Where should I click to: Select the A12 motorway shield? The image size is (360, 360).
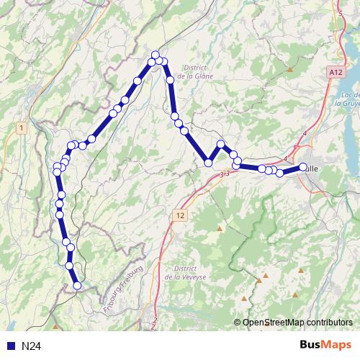pyautogui.click(x=333, y=73)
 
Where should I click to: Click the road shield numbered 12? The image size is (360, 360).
pyautogui.click(x=179, y=215)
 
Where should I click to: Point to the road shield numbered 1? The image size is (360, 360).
pyautogui.click(x=22, y=127)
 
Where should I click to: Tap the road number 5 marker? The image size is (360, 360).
pyautogui.click(x=340, y=13)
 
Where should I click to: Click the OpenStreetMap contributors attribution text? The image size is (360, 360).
pyautogui.click(x=297, y=322)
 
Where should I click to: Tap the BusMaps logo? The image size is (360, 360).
pyautogui.click(x=326, y=346)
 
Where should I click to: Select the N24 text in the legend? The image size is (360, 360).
pyautogui.click(x=31, y=346)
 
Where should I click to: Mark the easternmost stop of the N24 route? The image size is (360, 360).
pyautogui.click(x=303, y=167)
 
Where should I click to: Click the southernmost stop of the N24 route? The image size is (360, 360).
pyautogui.click(x=78, y=286)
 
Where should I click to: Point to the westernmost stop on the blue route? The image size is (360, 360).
pyautogui.click(x=57, y=171)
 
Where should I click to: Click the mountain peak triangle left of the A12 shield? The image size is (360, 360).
pyautogui.click(x=290, y=70)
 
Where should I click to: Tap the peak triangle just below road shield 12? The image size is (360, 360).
pyautogui.click(x=220, y=229)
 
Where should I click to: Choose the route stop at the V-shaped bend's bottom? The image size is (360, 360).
pyautogui.click(x=209, y=163)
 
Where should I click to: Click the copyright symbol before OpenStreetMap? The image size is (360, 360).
pyautogui.click(x=238, y=322)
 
